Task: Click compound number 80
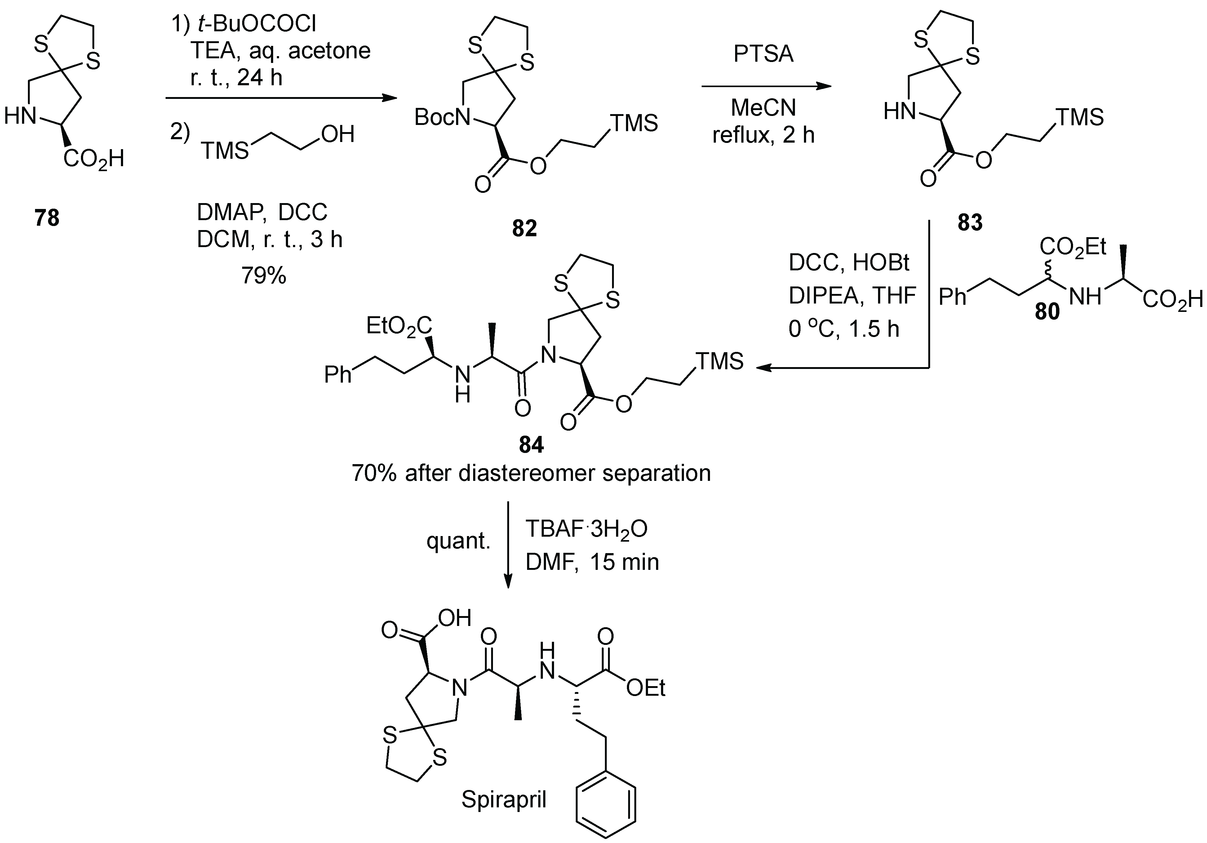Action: coord(1047,312)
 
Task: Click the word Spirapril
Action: coord(504,799)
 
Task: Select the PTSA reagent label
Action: coord(763,54)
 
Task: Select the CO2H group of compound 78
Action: coord(94,158)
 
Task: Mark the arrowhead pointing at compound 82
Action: coord(389,98)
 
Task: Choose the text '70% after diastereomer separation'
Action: coord(531,473)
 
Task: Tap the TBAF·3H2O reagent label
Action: coord(586,529)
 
